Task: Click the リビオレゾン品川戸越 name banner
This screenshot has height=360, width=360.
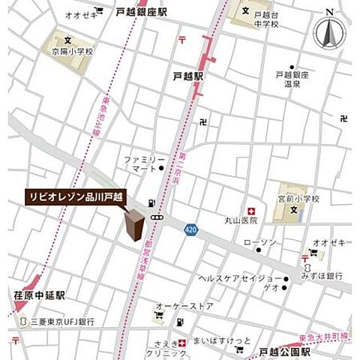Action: point(76,196)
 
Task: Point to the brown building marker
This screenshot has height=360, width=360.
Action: point(136,224)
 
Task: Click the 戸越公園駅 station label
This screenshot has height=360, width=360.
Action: point(285,351)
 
